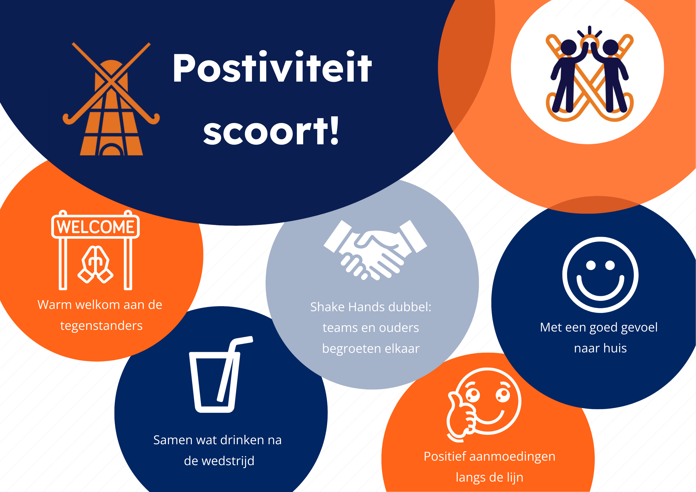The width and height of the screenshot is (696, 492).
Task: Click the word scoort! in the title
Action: pos(271,131)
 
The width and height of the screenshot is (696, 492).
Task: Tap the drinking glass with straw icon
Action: pos(221,374)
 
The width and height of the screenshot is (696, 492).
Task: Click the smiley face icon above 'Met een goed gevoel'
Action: pos(600,275)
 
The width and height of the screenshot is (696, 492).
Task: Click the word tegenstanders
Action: pos(101,326)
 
